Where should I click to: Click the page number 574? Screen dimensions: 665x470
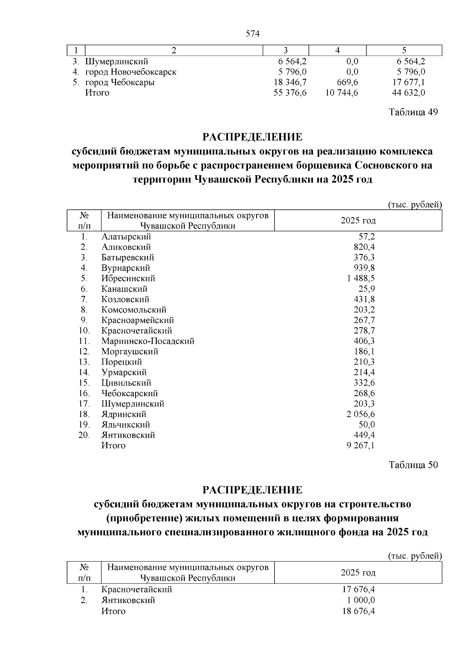tap(253, 34)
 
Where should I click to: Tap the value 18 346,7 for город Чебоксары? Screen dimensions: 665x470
tap(290, 82)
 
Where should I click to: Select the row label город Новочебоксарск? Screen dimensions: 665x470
tap(131, 72)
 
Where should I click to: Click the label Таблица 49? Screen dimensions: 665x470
tap(413, 112)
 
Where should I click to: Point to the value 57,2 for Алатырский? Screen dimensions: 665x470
tap(367, 237)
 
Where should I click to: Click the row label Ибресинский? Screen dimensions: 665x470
tap(128, 278)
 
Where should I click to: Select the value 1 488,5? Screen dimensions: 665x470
tap(360, 278)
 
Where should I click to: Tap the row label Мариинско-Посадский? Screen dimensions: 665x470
tap(148, 341)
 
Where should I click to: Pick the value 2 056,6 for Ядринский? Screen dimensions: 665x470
tap(360, 414)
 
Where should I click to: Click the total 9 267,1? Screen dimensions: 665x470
tap(360, 446)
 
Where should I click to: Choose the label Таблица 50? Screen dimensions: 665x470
tap(413, 465)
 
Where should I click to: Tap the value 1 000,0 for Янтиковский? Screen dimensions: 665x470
tap(360, 600)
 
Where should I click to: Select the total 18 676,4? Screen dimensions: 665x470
tap(358, 611)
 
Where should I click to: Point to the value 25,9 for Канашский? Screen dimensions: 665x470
tap(367, 289)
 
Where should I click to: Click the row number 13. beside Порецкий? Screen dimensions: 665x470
tap(84, 362)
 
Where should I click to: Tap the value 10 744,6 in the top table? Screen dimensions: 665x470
tap(341, 93)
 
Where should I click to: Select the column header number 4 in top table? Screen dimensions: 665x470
tap(337, 50)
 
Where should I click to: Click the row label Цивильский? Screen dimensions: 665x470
tap(126, 383)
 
